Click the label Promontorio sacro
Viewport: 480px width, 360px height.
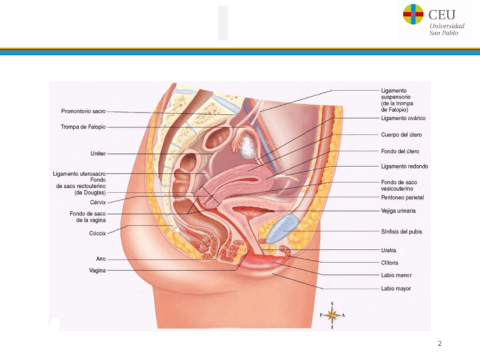[83, 112]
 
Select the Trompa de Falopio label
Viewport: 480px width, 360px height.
[83, 127]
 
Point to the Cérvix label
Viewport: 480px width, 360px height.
[97, 202]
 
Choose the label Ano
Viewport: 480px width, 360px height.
[100, 259]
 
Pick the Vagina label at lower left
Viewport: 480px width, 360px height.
[97, 271]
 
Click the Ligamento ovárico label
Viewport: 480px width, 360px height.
[403, 118]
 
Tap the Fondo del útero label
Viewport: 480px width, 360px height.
[400, 151]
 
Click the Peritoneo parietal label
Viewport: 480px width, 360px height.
[402, 198]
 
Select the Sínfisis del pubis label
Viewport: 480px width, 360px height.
[401, 232]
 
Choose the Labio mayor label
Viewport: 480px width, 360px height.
[396, 289]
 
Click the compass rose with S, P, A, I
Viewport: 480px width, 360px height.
[332, 315]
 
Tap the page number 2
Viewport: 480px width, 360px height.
[439, 344]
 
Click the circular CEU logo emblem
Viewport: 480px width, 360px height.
[413, 14]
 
